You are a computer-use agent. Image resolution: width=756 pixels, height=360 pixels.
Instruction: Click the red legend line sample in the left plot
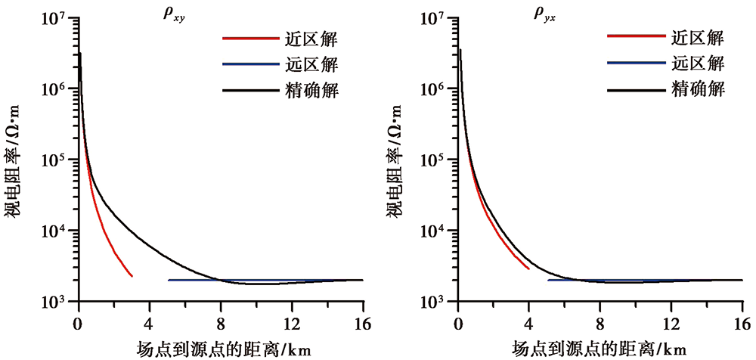click(246, 38)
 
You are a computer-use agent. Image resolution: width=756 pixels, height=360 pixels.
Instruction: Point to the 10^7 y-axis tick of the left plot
click(57, 18)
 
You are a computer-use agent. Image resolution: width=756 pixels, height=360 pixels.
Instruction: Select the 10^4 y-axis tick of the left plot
click(57, 231)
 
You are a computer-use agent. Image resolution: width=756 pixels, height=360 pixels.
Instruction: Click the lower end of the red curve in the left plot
click(132, 276)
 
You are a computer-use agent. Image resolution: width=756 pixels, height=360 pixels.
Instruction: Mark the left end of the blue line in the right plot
click(547, 280)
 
